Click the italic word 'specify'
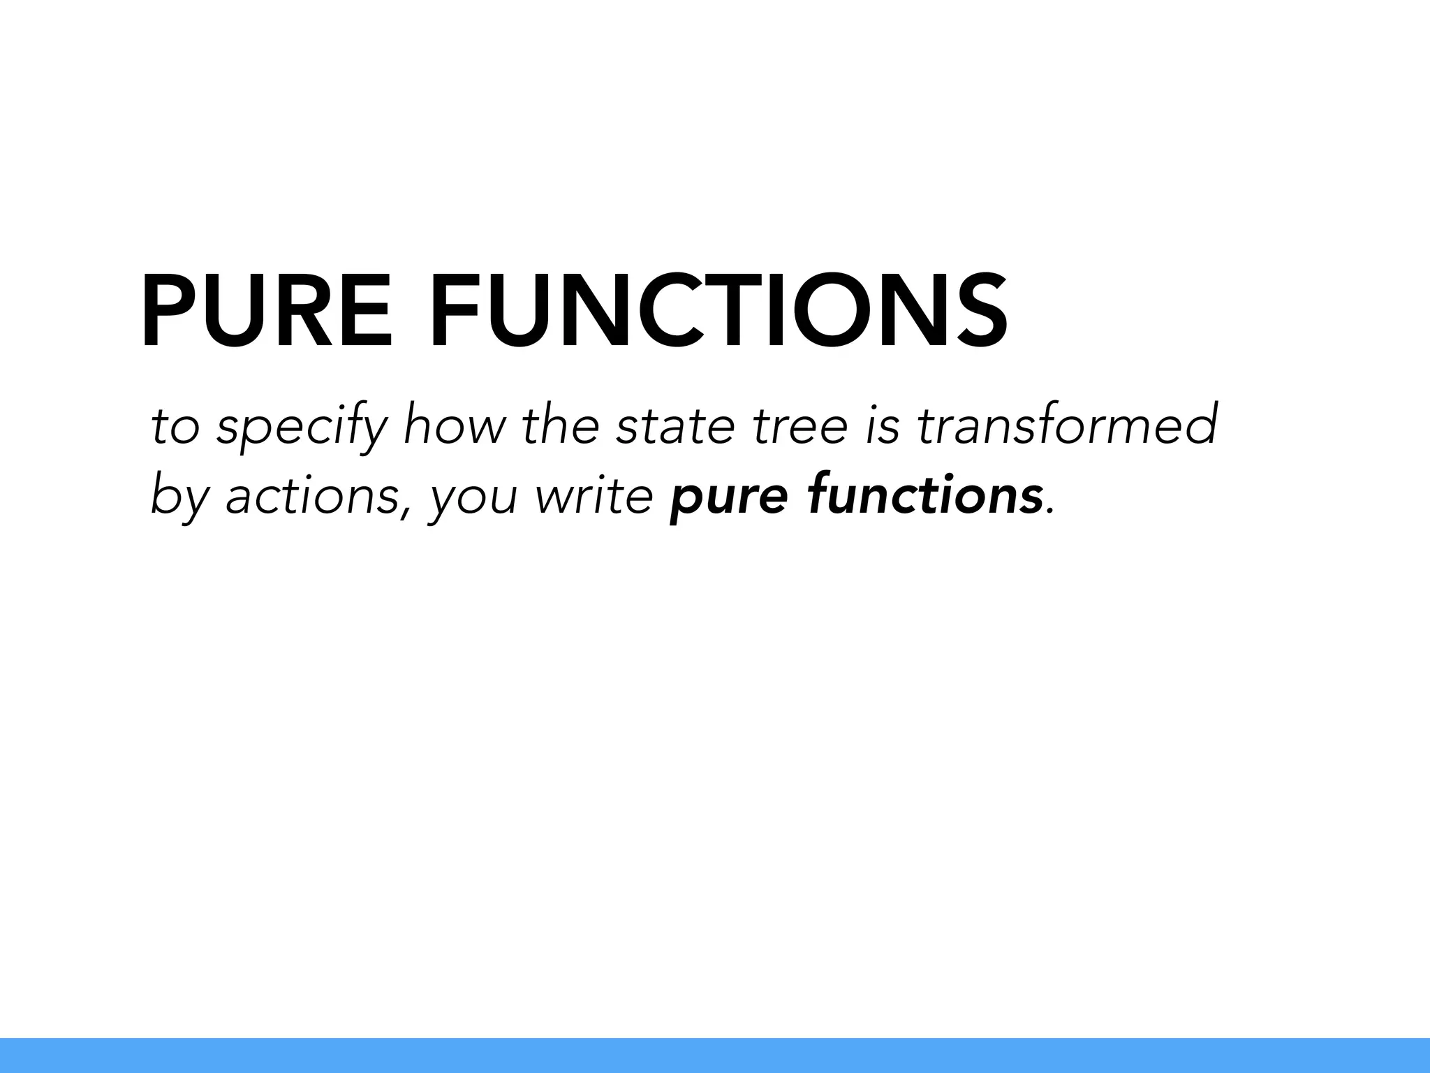coord(301,428)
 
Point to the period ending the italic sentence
coord(1049,512)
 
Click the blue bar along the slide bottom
coord(715,1056)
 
